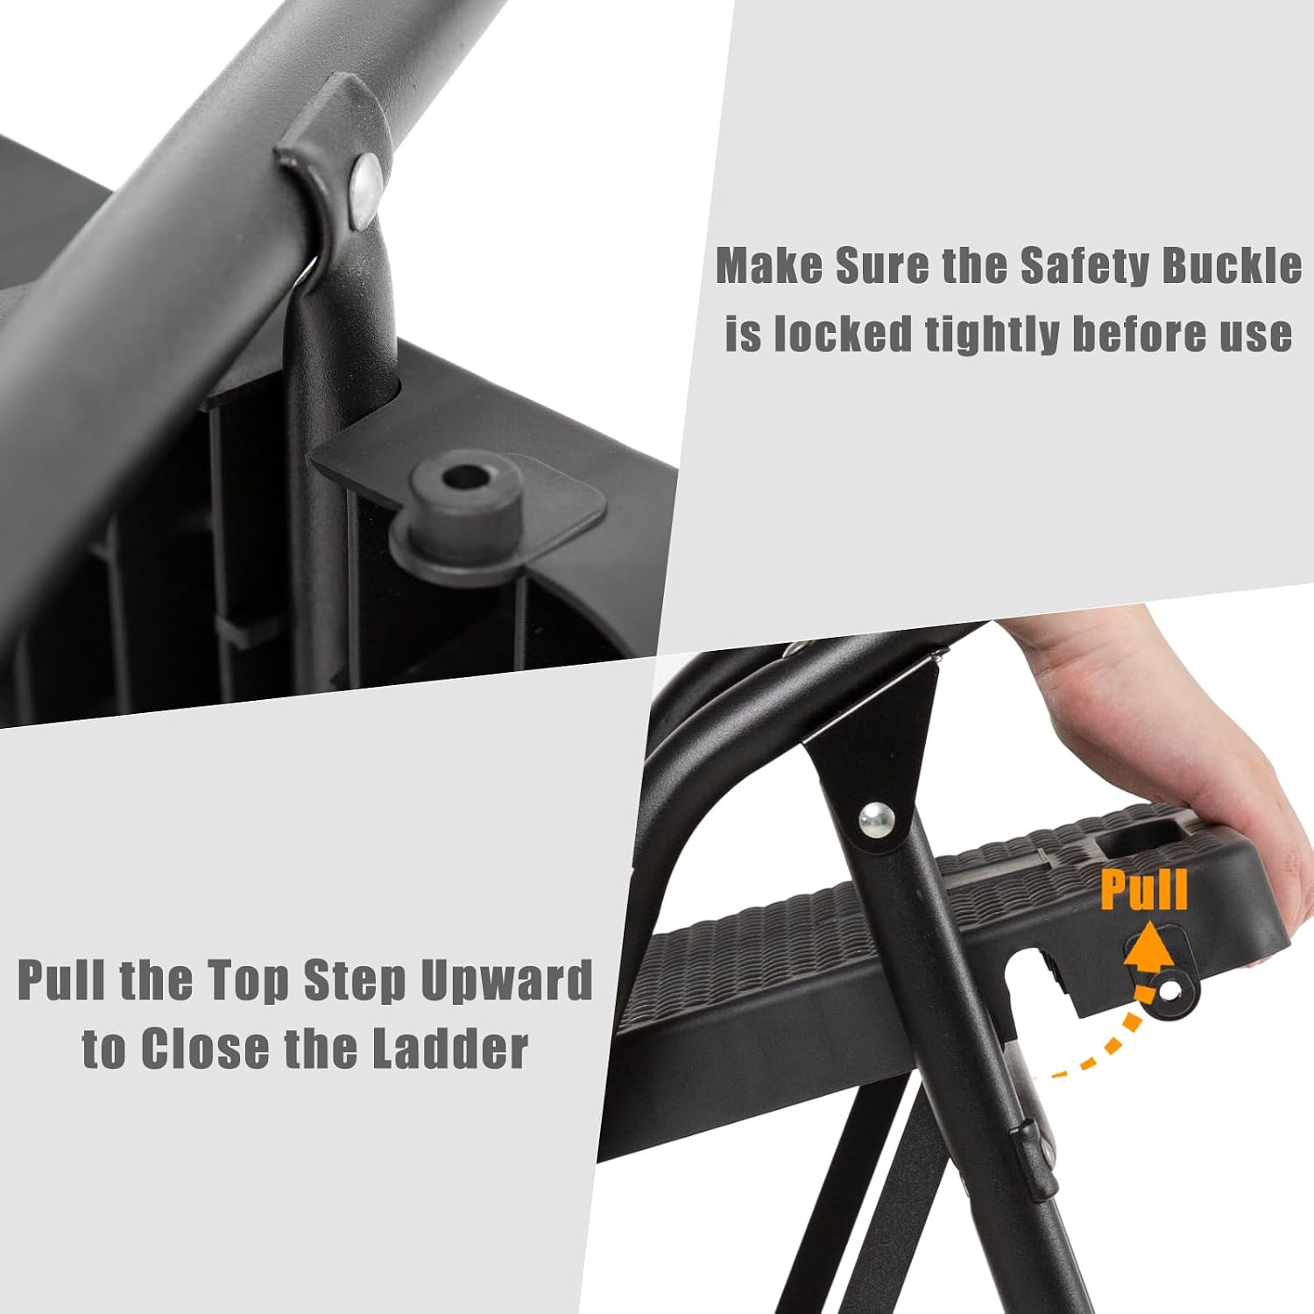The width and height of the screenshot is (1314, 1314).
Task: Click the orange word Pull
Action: [1144, 889]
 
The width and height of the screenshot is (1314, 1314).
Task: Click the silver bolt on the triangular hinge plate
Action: [877, 821]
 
